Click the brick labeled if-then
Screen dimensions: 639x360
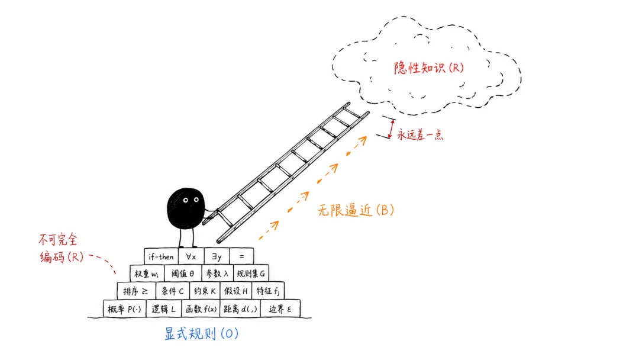tap(161, 256)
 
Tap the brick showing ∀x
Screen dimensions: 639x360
tap(191, 256)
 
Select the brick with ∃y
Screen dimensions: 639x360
tap(217, 256)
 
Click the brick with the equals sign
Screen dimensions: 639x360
tap(241, 256)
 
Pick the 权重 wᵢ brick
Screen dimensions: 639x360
tap(147, 274)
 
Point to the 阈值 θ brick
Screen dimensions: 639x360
tap(183, 274)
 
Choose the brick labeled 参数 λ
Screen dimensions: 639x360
tap(217, 274)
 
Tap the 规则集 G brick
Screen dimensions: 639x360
tap(251, 274)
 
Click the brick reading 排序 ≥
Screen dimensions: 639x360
tap(136, 291)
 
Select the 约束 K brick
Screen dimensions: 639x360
tap(205, 291)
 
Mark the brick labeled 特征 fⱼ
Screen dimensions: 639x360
tap(268, 291)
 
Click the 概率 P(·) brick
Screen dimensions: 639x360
tap(124, 308)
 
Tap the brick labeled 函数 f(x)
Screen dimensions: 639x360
tap(201, 308)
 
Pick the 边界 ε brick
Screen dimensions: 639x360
tap(280, 308)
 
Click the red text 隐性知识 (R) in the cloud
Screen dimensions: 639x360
tap(429, 67)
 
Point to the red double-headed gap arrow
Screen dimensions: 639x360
tap(391, 129)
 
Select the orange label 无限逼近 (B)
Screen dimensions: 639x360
tap(356, 210)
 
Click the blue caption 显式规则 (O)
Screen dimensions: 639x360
tap(201, 333)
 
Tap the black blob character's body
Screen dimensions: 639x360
tap(185, 208)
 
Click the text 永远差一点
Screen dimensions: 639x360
tap(420, 134)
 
